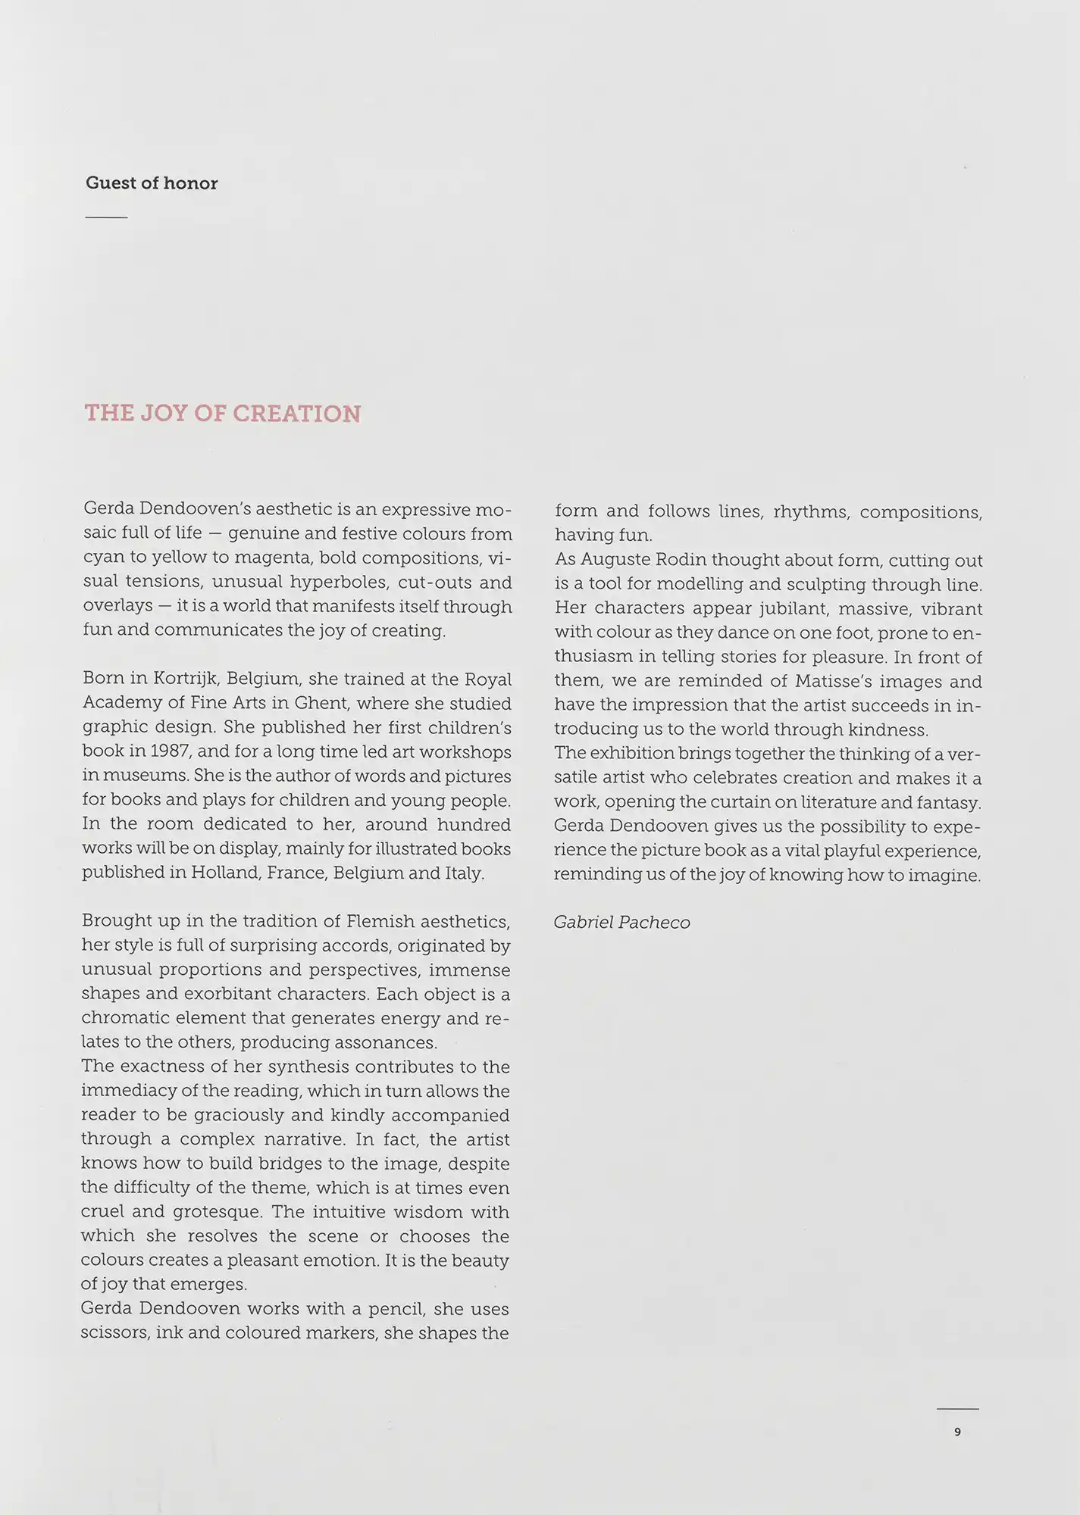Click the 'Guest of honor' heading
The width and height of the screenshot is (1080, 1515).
pos(152,183)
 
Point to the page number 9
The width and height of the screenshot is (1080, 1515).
pos(957,1432)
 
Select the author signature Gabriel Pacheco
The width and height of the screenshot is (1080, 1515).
pos(621,923)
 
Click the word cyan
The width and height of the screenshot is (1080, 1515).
pos(103,559)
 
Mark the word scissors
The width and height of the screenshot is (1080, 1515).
pos(114,1333)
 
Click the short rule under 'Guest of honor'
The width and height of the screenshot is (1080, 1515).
pos(106,217)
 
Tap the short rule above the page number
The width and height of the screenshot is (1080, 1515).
pos(957,1409)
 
